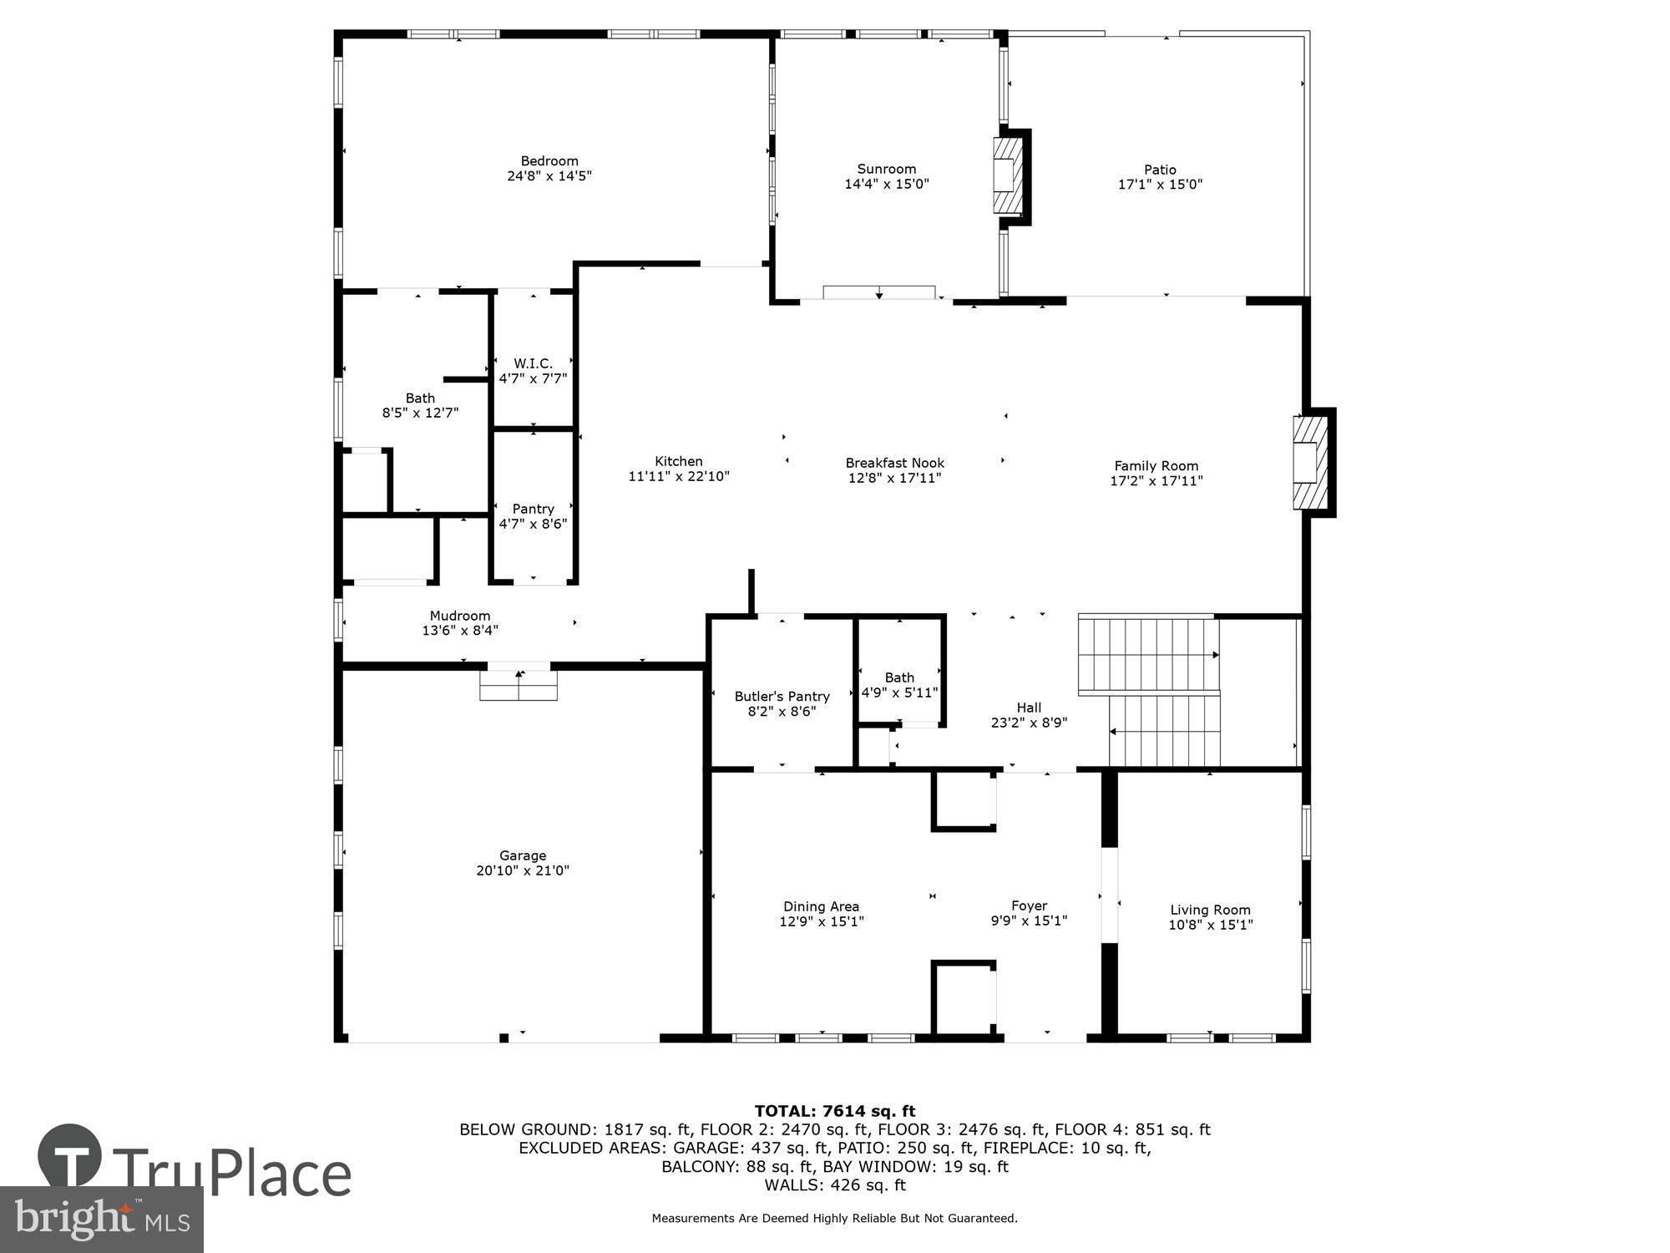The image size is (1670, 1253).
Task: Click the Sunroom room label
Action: point(886,169)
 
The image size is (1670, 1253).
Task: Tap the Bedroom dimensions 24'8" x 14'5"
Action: point(549,176)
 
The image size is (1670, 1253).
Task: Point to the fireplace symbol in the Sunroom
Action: point(1009,175)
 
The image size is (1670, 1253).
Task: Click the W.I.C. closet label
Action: point(533,363)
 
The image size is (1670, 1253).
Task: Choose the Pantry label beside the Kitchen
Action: point(533,509)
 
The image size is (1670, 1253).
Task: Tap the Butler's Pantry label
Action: point(782,697)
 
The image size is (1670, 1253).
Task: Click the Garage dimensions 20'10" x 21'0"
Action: point(523,870)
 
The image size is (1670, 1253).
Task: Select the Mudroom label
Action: point(460,616)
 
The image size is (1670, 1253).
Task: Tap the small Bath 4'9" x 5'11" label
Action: point(899,685)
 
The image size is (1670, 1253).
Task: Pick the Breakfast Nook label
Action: point(894,463)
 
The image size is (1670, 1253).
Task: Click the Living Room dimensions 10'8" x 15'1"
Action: point(1210,925)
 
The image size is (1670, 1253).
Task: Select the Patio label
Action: point(1160,170)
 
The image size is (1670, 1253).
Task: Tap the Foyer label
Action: point(1029,906)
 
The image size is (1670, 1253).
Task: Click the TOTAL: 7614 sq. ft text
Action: point(834,1111)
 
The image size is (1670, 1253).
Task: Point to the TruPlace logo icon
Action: point(70,1157)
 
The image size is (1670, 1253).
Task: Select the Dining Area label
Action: point(821,906)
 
